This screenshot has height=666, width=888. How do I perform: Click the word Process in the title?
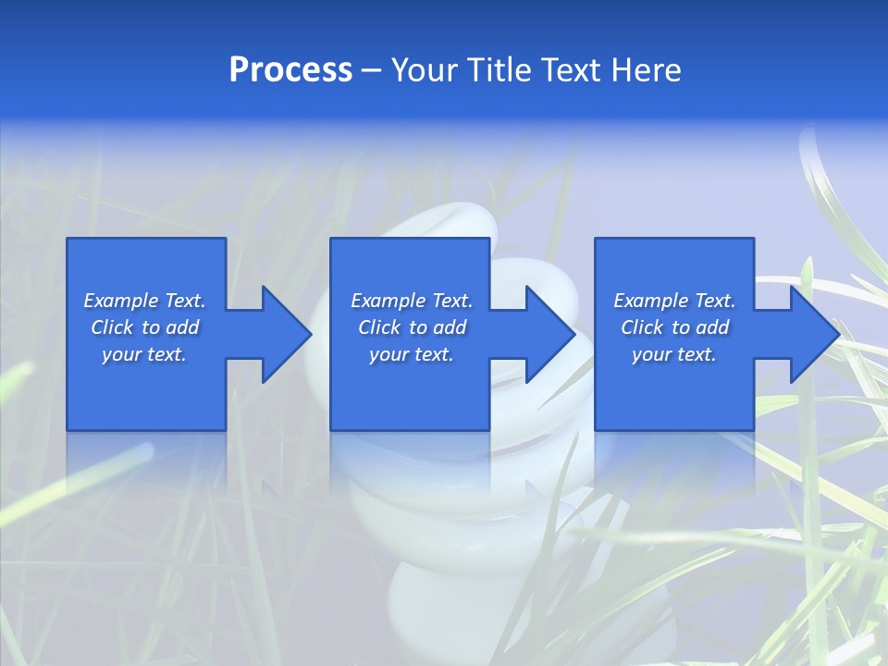pos(290,70)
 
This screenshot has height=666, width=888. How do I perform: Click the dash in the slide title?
pos(372,71)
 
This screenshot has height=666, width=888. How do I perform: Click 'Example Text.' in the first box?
pos(144,301)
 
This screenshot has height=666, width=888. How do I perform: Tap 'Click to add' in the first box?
pos(144,327)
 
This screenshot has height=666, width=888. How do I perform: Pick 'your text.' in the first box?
pos(144,354)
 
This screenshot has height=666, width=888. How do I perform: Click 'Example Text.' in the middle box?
pos(412,301)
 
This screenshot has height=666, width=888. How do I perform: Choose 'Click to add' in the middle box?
pos(412,327)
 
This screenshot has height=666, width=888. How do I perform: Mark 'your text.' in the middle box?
pos(412,354)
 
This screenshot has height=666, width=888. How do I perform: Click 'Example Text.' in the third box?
pos(674,301)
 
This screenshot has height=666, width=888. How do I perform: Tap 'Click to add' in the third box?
pos(674,327)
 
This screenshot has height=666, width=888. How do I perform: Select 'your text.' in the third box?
pos(674,354)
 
